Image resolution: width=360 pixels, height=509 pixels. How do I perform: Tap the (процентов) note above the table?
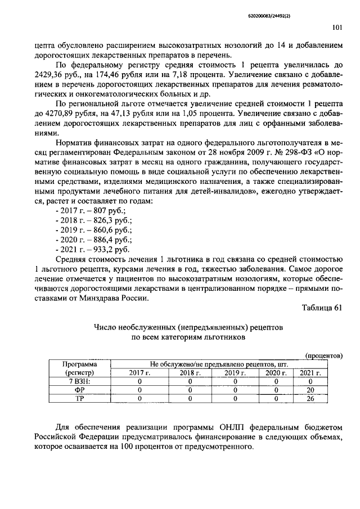pos(323,355)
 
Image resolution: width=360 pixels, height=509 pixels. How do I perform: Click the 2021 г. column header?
pos(310,372)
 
